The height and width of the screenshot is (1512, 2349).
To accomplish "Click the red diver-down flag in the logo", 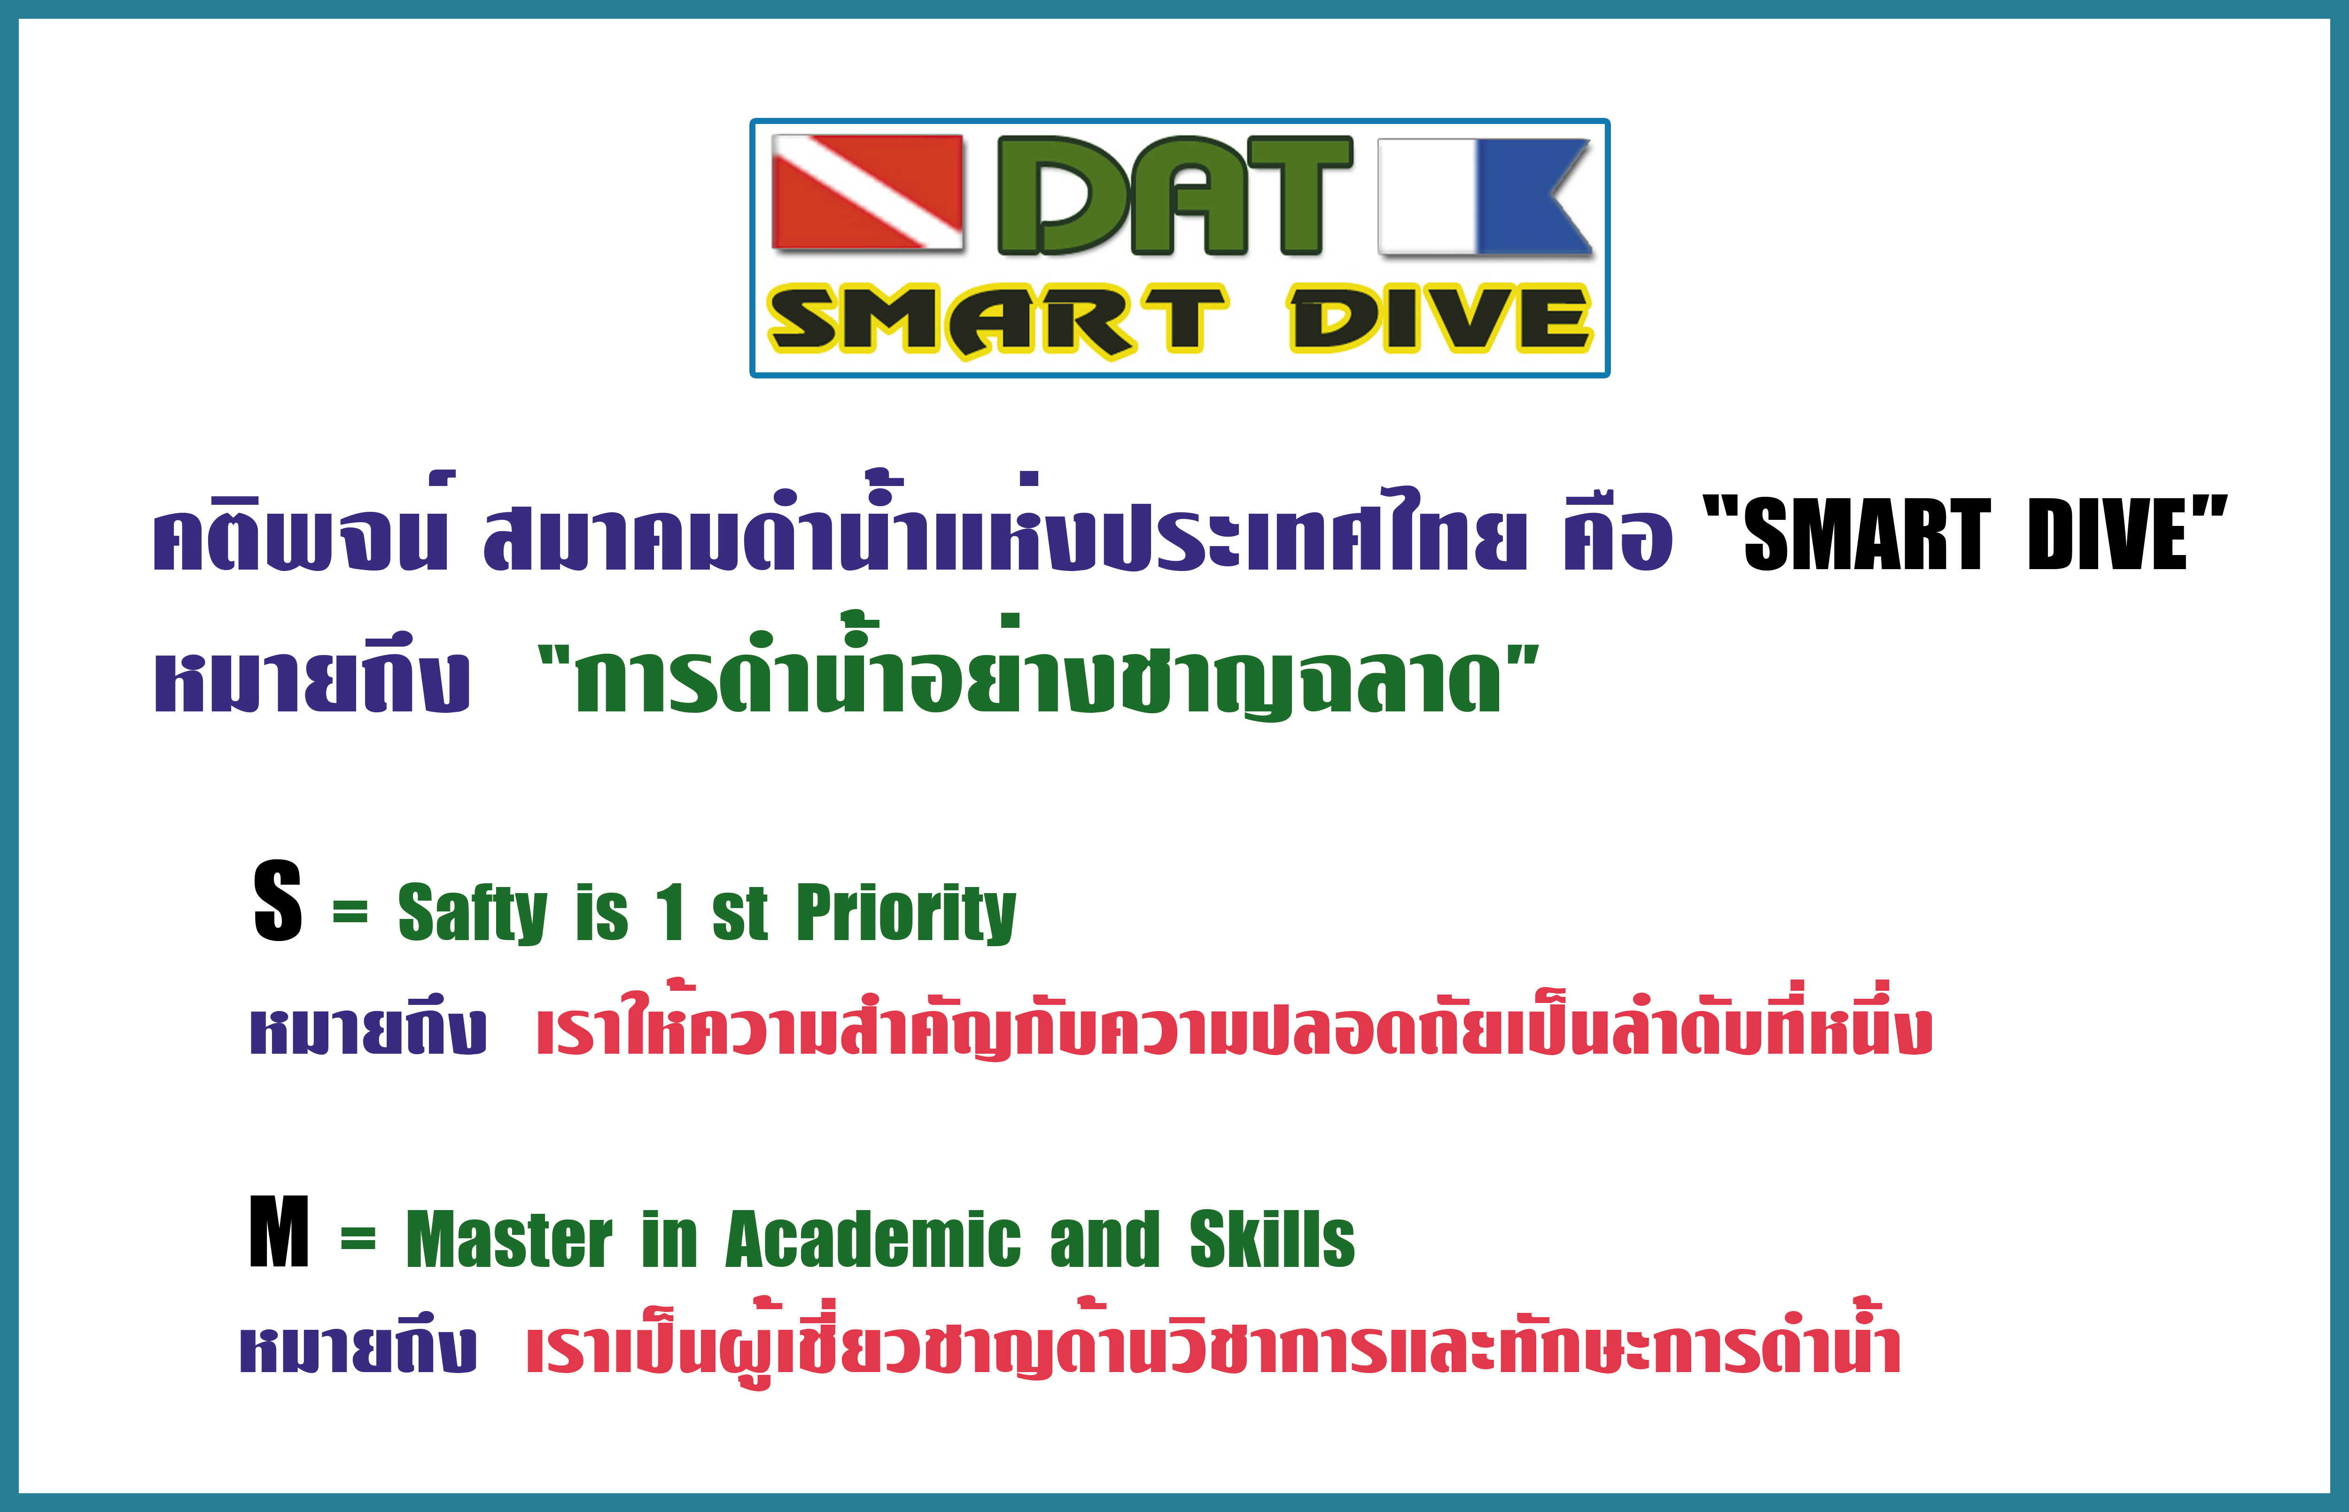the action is click(867, 193).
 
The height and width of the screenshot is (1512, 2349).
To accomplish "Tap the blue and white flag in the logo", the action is click(1485, 196).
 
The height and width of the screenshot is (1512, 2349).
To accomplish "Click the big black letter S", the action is click(277, 900).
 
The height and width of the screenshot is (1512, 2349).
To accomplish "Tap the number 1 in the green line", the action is click(672, 911).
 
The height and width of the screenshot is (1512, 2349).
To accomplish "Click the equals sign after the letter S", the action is click(350, 913).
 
